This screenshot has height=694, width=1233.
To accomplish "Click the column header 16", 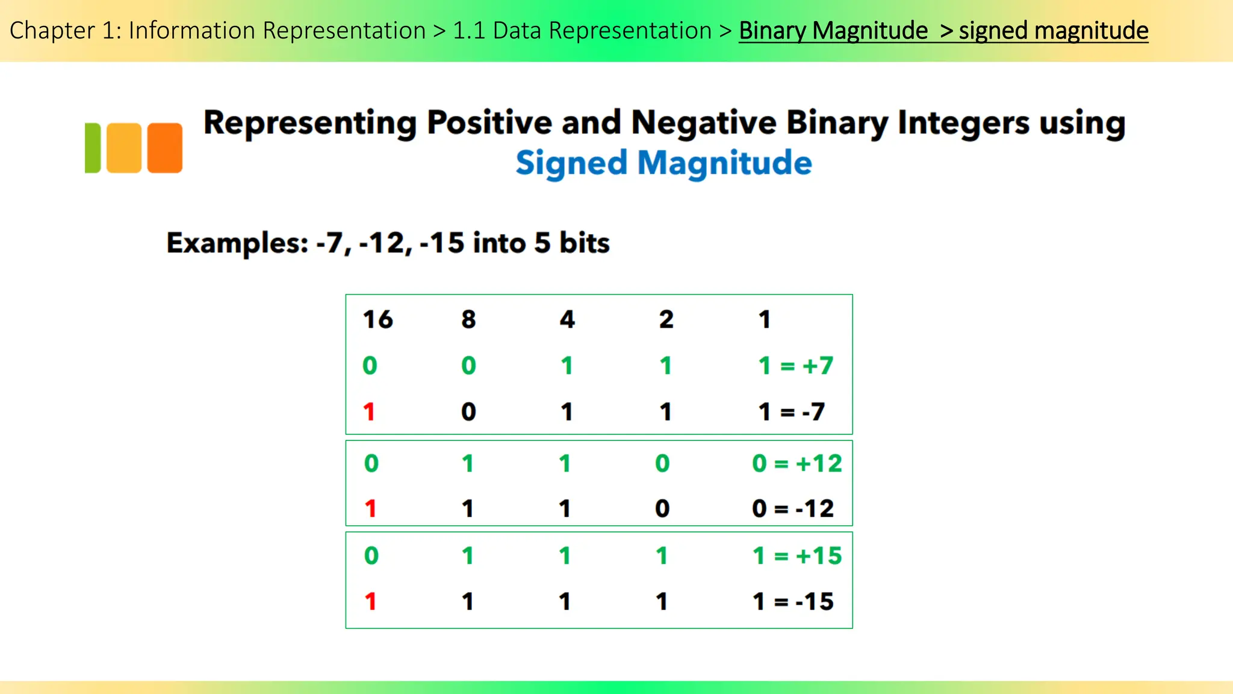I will (x=377, y=319).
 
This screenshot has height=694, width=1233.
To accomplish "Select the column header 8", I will (x=468, y=319).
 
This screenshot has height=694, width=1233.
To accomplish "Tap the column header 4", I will (x=567, y=319).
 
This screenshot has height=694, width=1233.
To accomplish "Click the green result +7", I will (x=818, y=366).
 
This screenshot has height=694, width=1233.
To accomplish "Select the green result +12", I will (x=819, y=463).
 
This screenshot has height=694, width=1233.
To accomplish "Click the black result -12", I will (x=815, y=509).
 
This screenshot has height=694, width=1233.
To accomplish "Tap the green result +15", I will (x=819, y=555).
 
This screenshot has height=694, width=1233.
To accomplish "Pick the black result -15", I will (x=815, y=601).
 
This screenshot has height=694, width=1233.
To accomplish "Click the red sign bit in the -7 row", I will (x=369, y=412).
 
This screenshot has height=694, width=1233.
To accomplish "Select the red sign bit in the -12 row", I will (x=370, y=509).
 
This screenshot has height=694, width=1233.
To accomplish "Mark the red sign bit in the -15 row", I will (x=370, y=601).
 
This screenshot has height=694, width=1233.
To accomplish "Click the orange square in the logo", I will (x=164, y=148).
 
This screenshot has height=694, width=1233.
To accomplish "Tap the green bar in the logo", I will (x=93, y=148).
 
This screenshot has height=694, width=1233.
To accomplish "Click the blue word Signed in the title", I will (x=571, y=164).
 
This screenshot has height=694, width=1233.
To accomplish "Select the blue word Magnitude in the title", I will (x=724, y=163).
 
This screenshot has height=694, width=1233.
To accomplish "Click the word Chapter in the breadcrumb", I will (x=52, y=31).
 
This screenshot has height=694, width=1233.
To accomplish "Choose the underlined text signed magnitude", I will (x=1053, y=31).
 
